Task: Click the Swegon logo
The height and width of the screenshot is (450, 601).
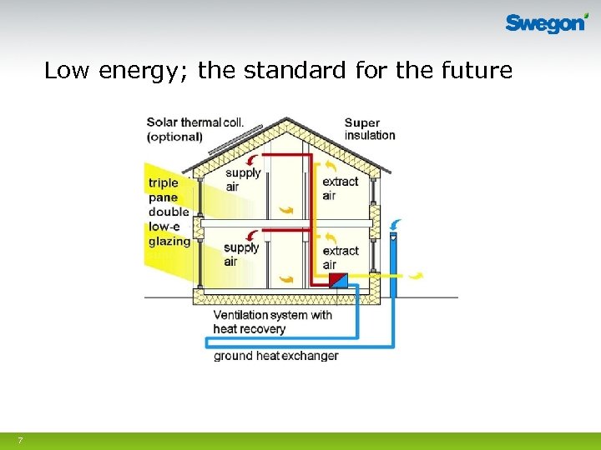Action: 546,22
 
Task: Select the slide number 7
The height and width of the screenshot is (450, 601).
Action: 20,440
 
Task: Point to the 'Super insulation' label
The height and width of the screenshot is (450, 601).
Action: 370,129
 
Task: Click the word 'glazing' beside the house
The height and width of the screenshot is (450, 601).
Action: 169,242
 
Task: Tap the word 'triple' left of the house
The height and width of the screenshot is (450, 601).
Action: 164,182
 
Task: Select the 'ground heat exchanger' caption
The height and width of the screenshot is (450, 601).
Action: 276,356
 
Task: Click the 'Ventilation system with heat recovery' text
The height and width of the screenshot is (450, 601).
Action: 272,322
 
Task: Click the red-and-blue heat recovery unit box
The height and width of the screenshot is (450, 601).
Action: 338,279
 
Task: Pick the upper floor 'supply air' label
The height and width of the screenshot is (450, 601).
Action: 243,180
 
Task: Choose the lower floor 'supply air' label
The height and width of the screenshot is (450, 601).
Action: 241,254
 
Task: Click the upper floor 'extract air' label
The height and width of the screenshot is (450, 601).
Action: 340,188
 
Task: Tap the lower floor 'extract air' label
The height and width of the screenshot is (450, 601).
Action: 340,257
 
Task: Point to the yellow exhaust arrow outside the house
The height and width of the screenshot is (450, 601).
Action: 414,274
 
